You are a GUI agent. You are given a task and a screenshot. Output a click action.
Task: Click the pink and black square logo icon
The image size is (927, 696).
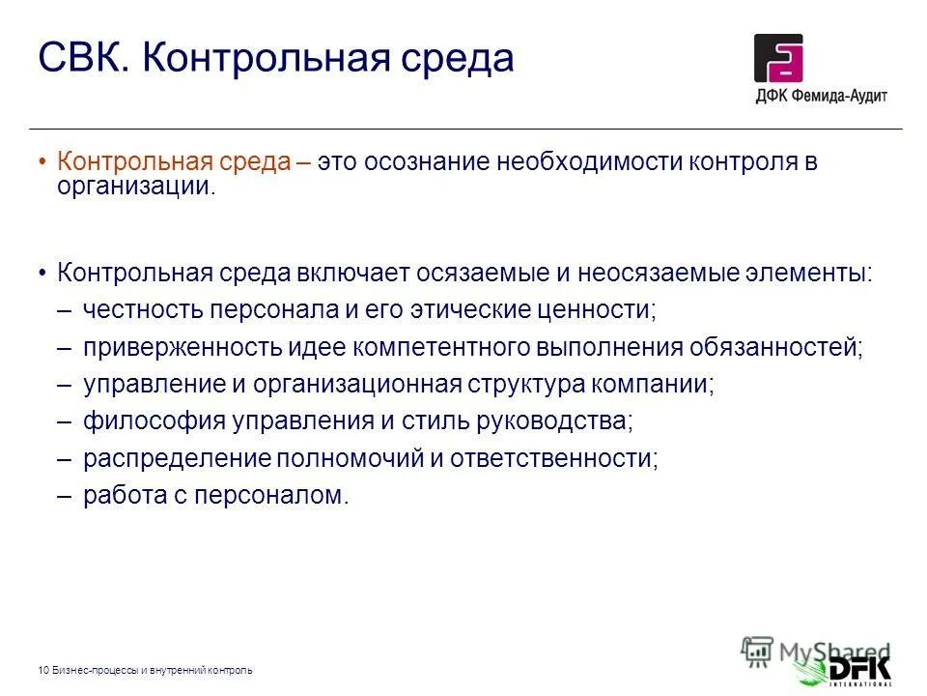[778, 58]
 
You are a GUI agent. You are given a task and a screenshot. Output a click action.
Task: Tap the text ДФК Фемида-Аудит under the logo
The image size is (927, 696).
[821, 96]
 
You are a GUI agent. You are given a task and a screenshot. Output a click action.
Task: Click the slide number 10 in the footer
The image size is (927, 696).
[43, 670]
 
